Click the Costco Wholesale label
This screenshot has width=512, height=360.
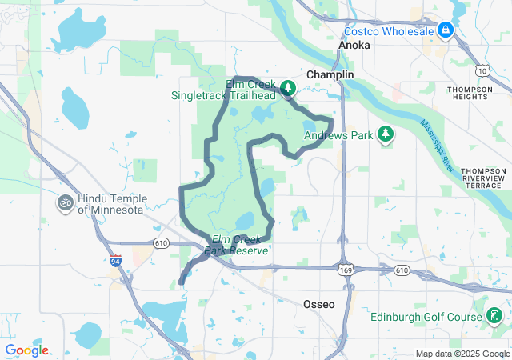390,31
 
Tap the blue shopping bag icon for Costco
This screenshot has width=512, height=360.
446,30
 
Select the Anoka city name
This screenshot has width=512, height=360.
354,46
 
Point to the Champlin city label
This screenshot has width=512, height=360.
330,74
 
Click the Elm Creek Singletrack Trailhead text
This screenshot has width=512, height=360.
222,90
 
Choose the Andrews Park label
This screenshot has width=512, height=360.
338,135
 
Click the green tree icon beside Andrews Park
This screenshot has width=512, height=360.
386,134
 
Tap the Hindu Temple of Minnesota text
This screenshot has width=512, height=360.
110,204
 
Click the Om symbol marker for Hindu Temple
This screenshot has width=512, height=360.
66,204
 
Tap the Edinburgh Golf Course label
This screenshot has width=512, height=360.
425,317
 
